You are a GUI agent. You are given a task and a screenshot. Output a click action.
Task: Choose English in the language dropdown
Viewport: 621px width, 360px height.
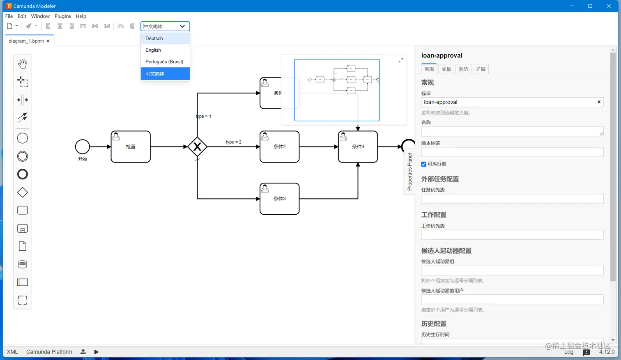[x=153, y=50]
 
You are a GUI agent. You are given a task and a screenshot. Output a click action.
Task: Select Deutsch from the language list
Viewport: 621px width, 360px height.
[x=154, y=39]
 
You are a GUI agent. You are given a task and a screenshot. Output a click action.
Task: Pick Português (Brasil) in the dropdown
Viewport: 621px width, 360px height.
[x=164, y=62]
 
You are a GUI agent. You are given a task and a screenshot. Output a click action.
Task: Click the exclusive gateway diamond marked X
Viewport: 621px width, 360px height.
[x=197, y=147]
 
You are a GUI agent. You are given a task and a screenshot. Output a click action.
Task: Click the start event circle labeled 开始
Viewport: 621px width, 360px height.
[x=83, y=147]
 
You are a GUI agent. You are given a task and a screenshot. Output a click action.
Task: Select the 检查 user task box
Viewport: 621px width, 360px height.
[x=131, y=147]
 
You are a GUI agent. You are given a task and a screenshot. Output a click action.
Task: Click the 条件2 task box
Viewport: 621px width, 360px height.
[x=279, y=147]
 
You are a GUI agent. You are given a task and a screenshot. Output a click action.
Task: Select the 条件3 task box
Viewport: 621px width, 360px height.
[x=279, y=199]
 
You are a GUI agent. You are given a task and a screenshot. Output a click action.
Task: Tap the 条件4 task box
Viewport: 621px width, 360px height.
[x=358, y=147]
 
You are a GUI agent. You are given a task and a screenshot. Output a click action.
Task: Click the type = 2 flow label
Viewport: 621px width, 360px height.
[x=234, y=142]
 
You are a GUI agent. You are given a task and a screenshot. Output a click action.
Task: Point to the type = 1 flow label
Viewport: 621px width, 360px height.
[x=204, y=116]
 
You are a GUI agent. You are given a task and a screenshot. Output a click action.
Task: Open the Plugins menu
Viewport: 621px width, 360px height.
[x=62, y=16]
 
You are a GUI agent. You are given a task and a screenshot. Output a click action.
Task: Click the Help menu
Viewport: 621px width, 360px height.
[x=81, y=16]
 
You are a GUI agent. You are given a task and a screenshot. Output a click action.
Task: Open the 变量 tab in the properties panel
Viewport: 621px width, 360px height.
[x=446, y=69]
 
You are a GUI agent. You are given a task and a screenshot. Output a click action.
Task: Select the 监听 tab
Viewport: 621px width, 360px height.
[x=464, y=69]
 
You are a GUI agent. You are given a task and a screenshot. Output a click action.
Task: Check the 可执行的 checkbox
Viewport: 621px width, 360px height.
[x=424, y=164]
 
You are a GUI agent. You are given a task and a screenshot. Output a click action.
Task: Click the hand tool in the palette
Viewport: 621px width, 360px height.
[x=23, y=64]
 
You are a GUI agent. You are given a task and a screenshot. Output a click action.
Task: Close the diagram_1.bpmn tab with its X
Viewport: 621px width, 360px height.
[x=48, y=41]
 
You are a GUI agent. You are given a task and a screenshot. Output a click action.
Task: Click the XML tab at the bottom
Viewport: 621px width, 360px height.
[x=12, y=352]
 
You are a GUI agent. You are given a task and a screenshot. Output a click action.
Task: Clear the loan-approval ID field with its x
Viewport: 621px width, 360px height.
[x=599, y=102]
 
